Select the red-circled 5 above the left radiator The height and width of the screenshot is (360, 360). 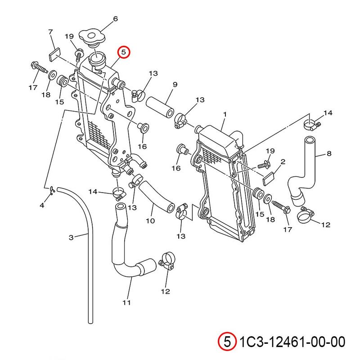[124, 53]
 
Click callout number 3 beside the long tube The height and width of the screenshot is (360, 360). [71, 237]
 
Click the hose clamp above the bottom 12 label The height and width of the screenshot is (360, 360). [166, 261]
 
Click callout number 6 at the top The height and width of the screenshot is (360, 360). [115, 19]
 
